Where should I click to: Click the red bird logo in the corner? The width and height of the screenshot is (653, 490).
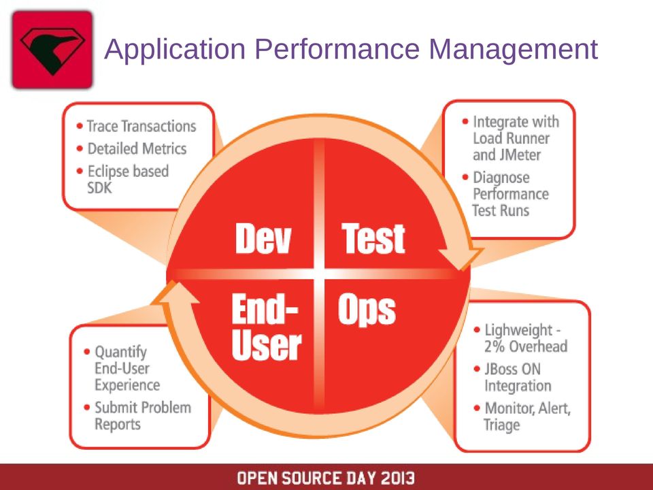coord(52,50)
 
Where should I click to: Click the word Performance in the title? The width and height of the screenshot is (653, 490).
coord(337,49)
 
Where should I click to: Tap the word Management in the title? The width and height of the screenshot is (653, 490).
coord(514,50)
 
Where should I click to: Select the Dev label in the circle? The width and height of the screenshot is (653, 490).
coord(263,238)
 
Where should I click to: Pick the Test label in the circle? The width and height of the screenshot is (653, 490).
coord(373,238)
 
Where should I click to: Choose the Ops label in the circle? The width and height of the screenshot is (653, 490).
coord(367,310)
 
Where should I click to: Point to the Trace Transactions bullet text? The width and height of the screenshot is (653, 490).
coord(141,127)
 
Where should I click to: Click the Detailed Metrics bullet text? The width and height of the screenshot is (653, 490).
coord(137,149)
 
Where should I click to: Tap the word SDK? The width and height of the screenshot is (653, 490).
coord(99,188)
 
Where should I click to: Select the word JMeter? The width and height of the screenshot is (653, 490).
coord(520,155)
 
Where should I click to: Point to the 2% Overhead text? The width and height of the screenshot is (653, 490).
coord(526,346)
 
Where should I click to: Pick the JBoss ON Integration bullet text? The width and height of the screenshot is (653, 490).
coord(518,378)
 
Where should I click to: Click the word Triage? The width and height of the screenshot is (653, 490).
coord(502,425)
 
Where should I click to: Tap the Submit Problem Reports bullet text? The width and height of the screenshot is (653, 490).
coord(143,416)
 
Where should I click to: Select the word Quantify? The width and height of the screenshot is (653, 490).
coord(121,353)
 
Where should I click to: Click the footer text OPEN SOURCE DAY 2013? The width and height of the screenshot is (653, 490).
coord(326,478)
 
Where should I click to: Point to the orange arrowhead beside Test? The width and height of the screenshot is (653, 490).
coord(461,255)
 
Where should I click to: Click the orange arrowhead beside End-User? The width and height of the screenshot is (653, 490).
coord(175,293)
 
